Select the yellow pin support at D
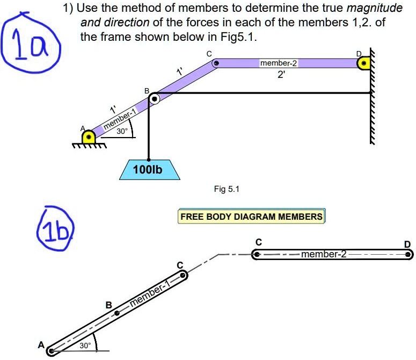[363, 63]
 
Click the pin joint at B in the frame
[154, 98]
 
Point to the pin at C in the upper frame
[216, 63]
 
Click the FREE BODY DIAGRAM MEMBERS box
[252, 217]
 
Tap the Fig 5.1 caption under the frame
[227, 189]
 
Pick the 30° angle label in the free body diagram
[85, 345]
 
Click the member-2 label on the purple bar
[278, 63]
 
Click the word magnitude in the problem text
[375, 9]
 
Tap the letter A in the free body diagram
[41, 345]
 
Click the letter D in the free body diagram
[407, 244]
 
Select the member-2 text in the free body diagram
[324, 254]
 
